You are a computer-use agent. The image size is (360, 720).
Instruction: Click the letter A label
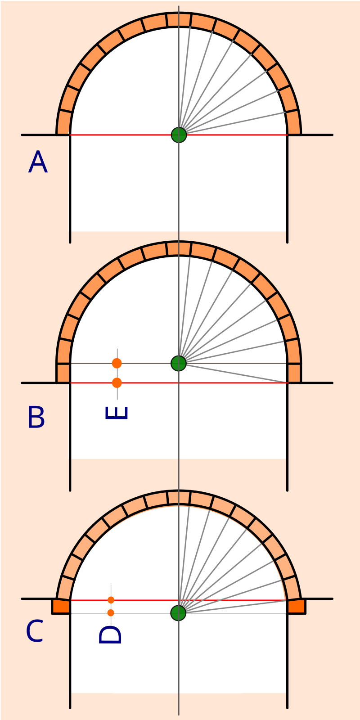38,162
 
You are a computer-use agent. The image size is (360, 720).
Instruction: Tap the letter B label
36,417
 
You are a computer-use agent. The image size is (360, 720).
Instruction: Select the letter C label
34,631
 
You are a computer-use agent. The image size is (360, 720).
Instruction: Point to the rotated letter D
110,635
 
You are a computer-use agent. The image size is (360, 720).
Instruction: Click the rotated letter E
117,413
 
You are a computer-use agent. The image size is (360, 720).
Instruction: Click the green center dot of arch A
179,135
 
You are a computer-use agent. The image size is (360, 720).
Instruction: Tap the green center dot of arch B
179,363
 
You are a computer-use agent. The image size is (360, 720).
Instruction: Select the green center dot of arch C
178,613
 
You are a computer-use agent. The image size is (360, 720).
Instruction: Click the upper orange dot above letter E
117,363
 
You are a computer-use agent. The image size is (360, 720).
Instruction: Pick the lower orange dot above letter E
117,383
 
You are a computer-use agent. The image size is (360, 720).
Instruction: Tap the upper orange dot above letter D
111,600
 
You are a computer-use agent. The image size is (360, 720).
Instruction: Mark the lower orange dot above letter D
111,612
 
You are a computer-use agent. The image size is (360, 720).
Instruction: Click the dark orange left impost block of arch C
61,606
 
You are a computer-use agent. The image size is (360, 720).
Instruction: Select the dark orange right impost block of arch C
297,606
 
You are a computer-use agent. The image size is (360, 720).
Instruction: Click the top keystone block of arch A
179,20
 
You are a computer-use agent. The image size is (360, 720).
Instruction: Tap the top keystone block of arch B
179,248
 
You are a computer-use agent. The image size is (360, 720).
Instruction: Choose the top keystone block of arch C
179,498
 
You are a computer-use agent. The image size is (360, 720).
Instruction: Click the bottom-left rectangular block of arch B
63,373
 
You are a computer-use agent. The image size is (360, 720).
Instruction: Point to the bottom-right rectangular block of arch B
294,373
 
